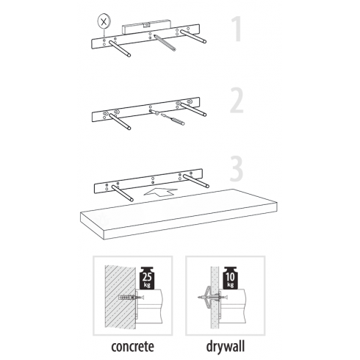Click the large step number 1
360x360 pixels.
(237, 29)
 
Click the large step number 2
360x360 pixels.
(237, 101)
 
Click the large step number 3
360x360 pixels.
(237, 168)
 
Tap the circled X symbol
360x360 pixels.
(104, 22)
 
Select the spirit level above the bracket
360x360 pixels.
(146, 27)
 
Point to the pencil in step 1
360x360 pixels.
(165, 43)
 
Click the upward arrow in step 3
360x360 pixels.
(160, 192)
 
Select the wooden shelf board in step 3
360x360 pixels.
(179, 214)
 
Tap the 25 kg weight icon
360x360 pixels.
(147, 278)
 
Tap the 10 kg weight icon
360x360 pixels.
(230, 278)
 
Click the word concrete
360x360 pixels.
(132, 347)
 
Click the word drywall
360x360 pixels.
(226, 346)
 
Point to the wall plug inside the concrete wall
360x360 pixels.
(127, 298)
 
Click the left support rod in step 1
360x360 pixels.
(120, 48)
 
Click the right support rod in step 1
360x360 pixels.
(193, 37)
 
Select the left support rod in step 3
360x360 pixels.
(123, 193)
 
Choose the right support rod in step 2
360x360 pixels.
(193, 109)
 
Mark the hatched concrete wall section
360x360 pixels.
(120, 296)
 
